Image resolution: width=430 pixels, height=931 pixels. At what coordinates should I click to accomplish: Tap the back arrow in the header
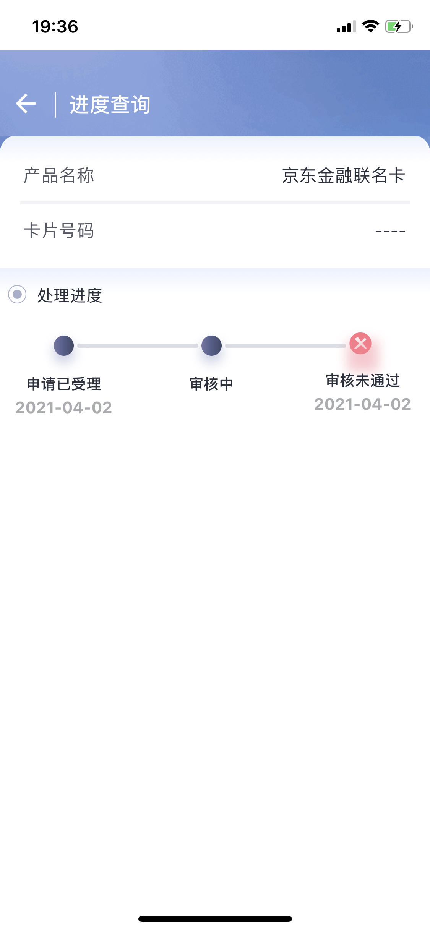point(26,104)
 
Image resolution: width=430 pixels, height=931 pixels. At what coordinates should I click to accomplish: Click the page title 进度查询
point(110,105)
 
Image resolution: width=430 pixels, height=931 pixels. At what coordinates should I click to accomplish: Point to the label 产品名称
point(59,176)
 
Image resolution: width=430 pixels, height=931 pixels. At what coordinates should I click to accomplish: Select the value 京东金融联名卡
point(344,176)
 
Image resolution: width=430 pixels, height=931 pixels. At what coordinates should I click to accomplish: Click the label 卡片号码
point(59,231)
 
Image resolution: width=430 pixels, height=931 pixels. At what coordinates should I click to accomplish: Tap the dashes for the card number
point(390,231)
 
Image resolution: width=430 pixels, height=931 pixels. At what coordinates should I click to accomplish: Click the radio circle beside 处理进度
point(17,294)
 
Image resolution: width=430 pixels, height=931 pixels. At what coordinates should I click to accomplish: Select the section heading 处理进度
point(70,295)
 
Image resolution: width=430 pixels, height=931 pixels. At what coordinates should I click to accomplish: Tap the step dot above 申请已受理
point(64,345)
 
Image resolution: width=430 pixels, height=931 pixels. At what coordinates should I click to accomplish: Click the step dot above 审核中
point(211,345)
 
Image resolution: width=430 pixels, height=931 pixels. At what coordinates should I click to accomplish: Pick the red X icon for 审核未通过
point(360,343)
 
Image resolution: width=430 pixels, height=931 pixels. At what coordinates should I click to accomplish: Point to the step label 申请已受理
point(64,384)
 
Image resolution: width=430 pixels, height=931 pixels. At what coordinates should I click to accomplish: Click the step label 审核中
point(211,384)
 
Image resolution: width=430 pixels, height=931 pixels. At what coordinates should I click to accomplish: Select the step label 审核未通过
point(363,381)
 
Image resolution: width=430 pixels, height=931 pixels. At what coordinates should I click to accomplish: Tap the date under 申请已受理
point(64,408)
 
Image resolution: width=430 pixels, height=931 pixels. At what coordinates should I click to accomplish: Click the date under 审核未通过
point(363,404)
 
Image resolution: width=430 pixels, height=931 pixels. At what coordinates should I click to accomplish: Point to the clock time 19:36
point(55,27)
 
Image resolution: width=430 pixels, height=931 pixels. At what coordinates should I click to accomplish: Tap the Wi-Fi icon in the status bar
point(370,26)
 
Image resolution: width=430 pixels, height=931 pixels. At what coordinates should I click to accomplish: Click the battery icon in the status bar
point(399,26)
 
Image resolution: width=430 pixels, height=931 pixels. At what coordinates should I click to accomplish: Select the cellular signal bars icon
point(346,26)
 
